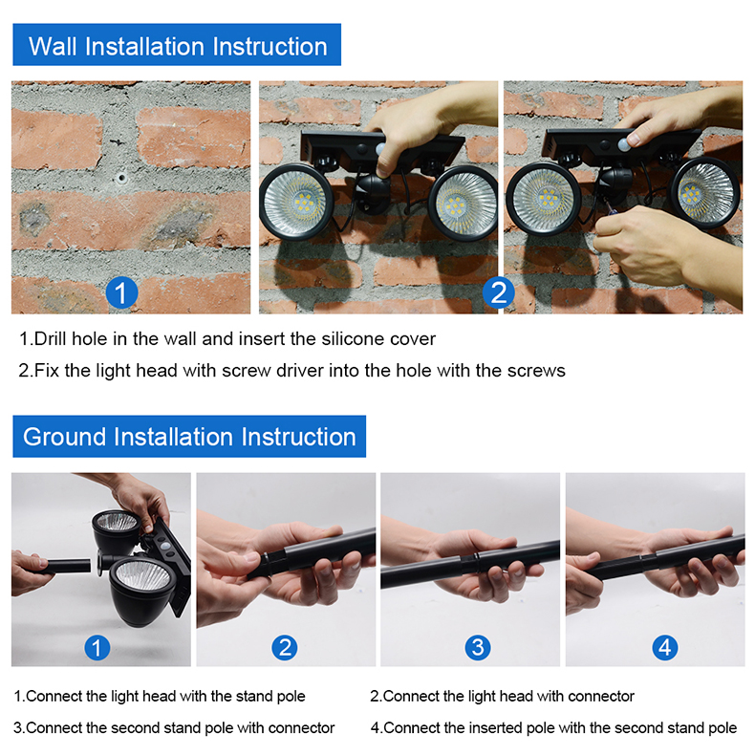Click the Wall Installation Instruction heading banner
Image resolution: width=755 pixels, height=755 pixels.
[177, 44]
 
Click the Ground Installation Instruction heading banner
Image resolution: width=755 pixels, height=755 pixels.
[189, 436]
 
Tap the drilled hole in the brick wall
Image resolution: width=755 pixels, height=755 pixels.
[121, 178]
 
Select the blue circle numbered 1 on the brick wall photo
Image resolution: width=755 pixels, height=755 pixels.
[121, 292]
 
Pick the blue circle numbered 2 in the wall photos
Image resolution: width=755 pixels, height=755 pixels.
[498, 292]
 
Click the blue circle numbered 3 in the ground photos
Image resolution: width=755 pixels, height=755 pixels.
[478, 647]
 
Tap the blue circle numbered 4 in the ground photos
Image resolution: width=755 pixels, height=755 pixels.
[665, 647]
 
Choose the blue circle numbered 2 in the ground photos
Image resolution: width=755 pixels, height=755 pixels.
[285, 647]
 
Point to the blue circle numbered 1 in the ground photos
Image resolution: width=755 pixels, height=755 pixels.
[97, 647]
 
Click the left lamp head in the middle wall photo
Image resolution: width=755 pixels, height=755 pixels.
[295, 203]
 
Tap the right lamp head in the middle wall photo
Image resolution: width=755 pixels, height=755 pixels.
[463, 204]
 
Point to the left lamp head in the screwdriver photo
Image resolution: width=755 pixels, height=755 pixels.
[544, 199]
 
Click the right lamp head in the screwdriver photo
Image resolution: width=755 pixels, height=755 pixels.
[705, 192]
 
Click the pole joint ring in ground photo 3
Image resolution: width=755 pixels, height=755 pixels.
[469, 563]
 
